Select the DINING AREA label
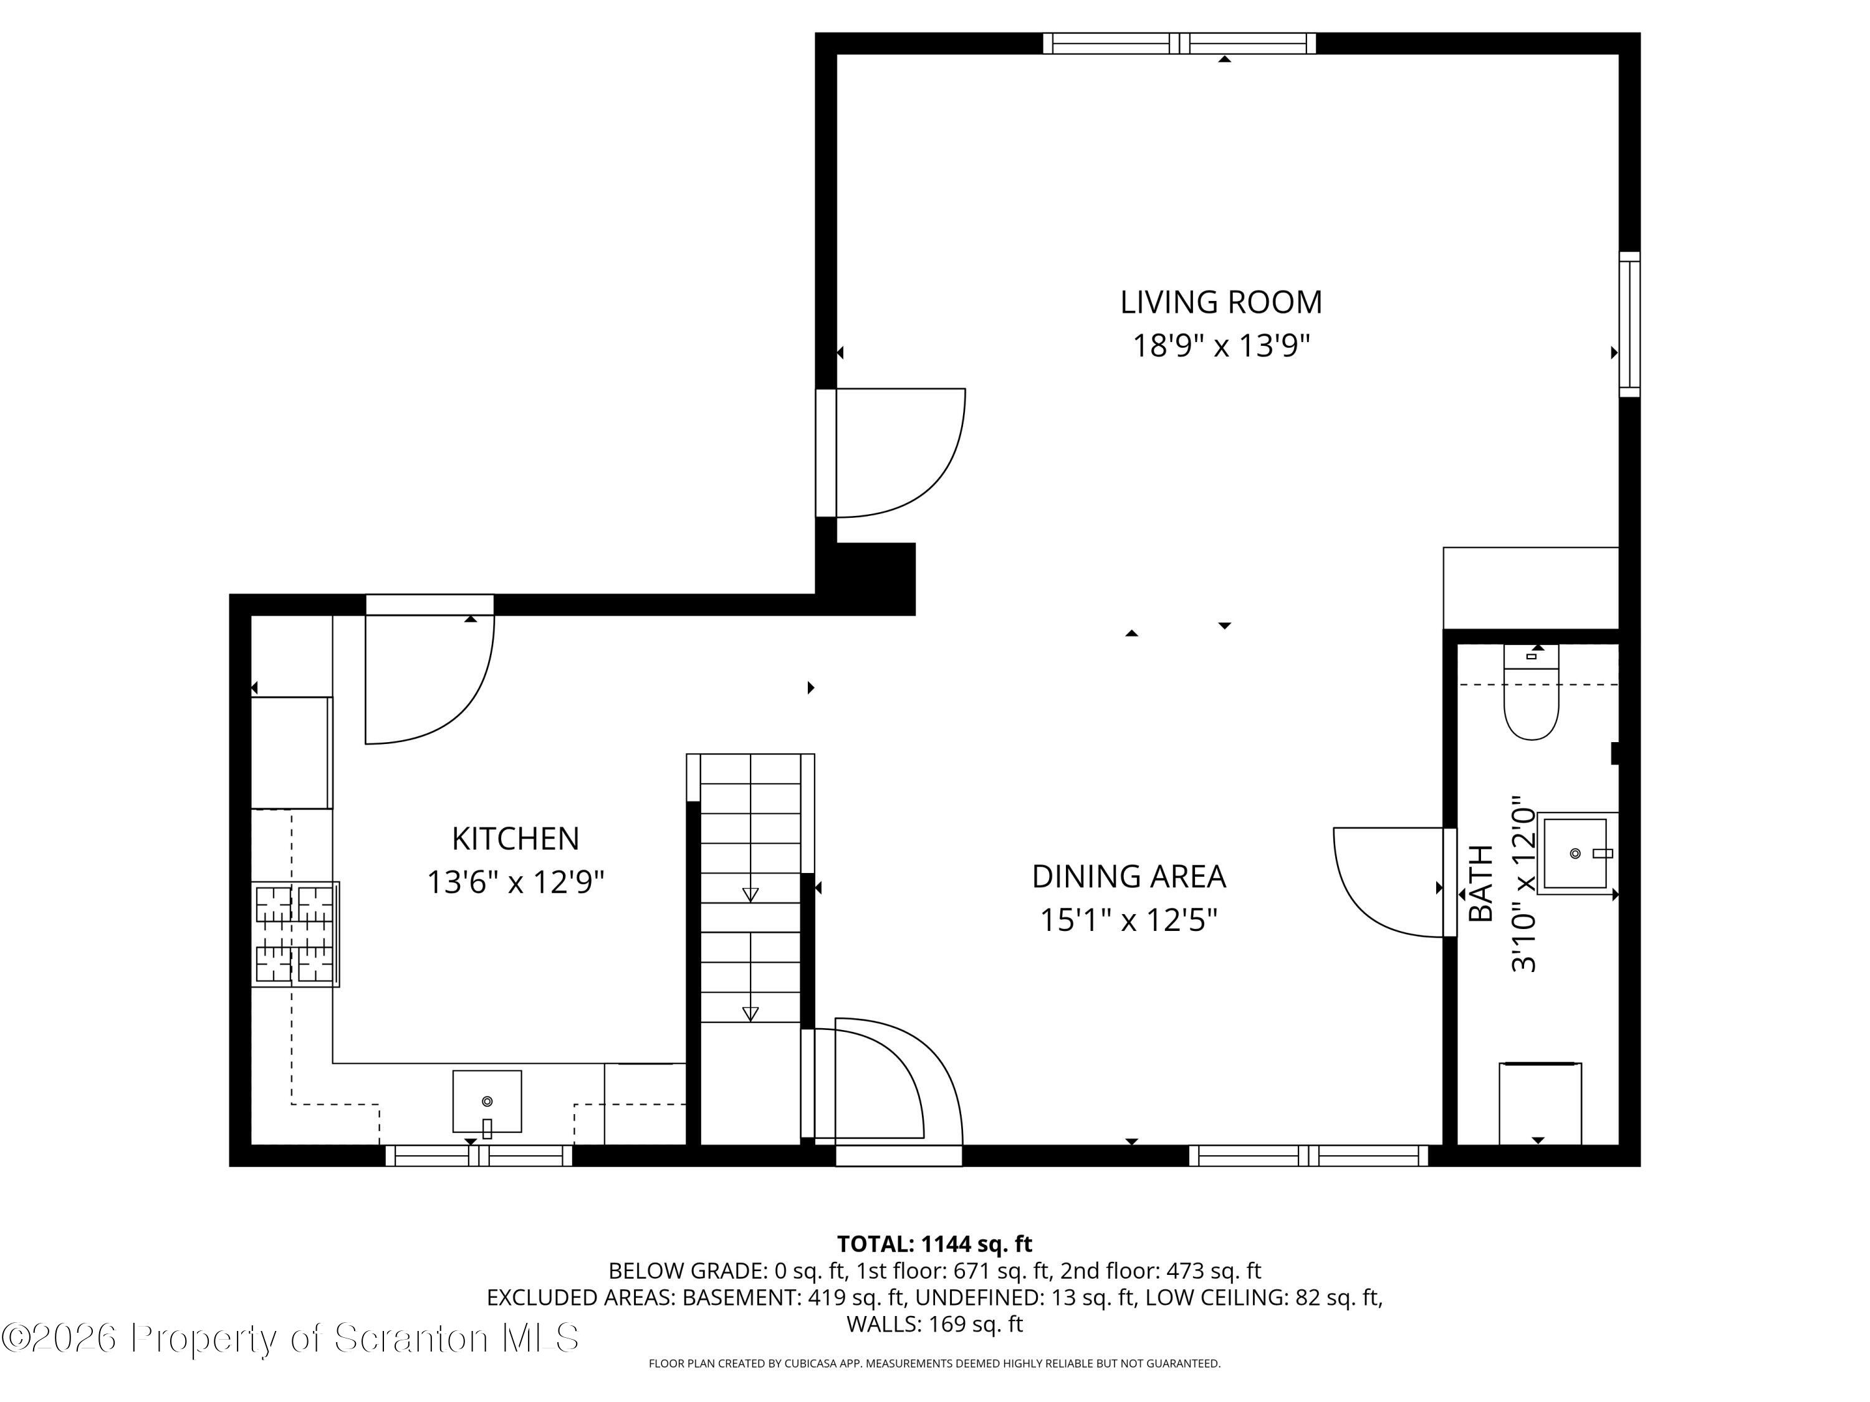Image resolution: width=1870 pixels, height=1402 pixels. pyautogui.click(x=1129, y=876)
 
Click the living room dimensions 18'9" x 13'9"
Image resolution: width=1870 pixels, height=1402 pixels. pyautogui.click(x=1220, y=346)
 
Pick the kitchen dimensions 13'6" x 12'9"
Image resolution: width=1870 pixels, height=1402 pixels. pyautogui.click(x=515, y=882)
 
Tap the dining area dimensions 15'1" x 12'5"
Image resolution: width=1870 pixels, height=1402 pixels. pyautogui.click(x=1129, y=920)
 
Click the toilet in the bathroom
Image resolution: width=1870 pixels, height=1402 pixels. pyautogui.click(x=1531, y=692)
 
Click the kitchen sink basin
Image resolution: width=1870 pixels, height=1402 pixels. pyautogui.click(x=487, y=1101)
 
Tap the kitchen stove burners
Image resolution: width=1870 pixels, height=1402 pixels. pyautogui.click(x=295, y=934)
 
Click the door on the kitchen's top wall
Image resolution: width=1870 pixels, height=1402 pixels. pyautogui.click(x=429, y=669)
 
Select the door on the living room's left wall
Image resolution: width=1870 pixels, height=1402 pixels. pyautogui.click(x=890, y=453)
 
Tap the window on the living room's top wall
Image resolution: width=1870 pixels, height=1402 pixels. pyautogui.click(x=1179, y=43)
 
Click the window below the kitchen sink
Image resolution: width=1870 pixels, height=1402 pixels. pyautogui.click(x=479, y=1155)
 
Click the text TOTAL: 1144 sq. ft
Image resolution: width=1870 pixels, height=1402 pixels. pyautogui.click(x=934, y=1244)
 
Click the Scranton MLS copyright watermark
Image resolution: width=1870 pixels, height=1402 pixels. pyautogui.click(x=291, y=1338)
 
